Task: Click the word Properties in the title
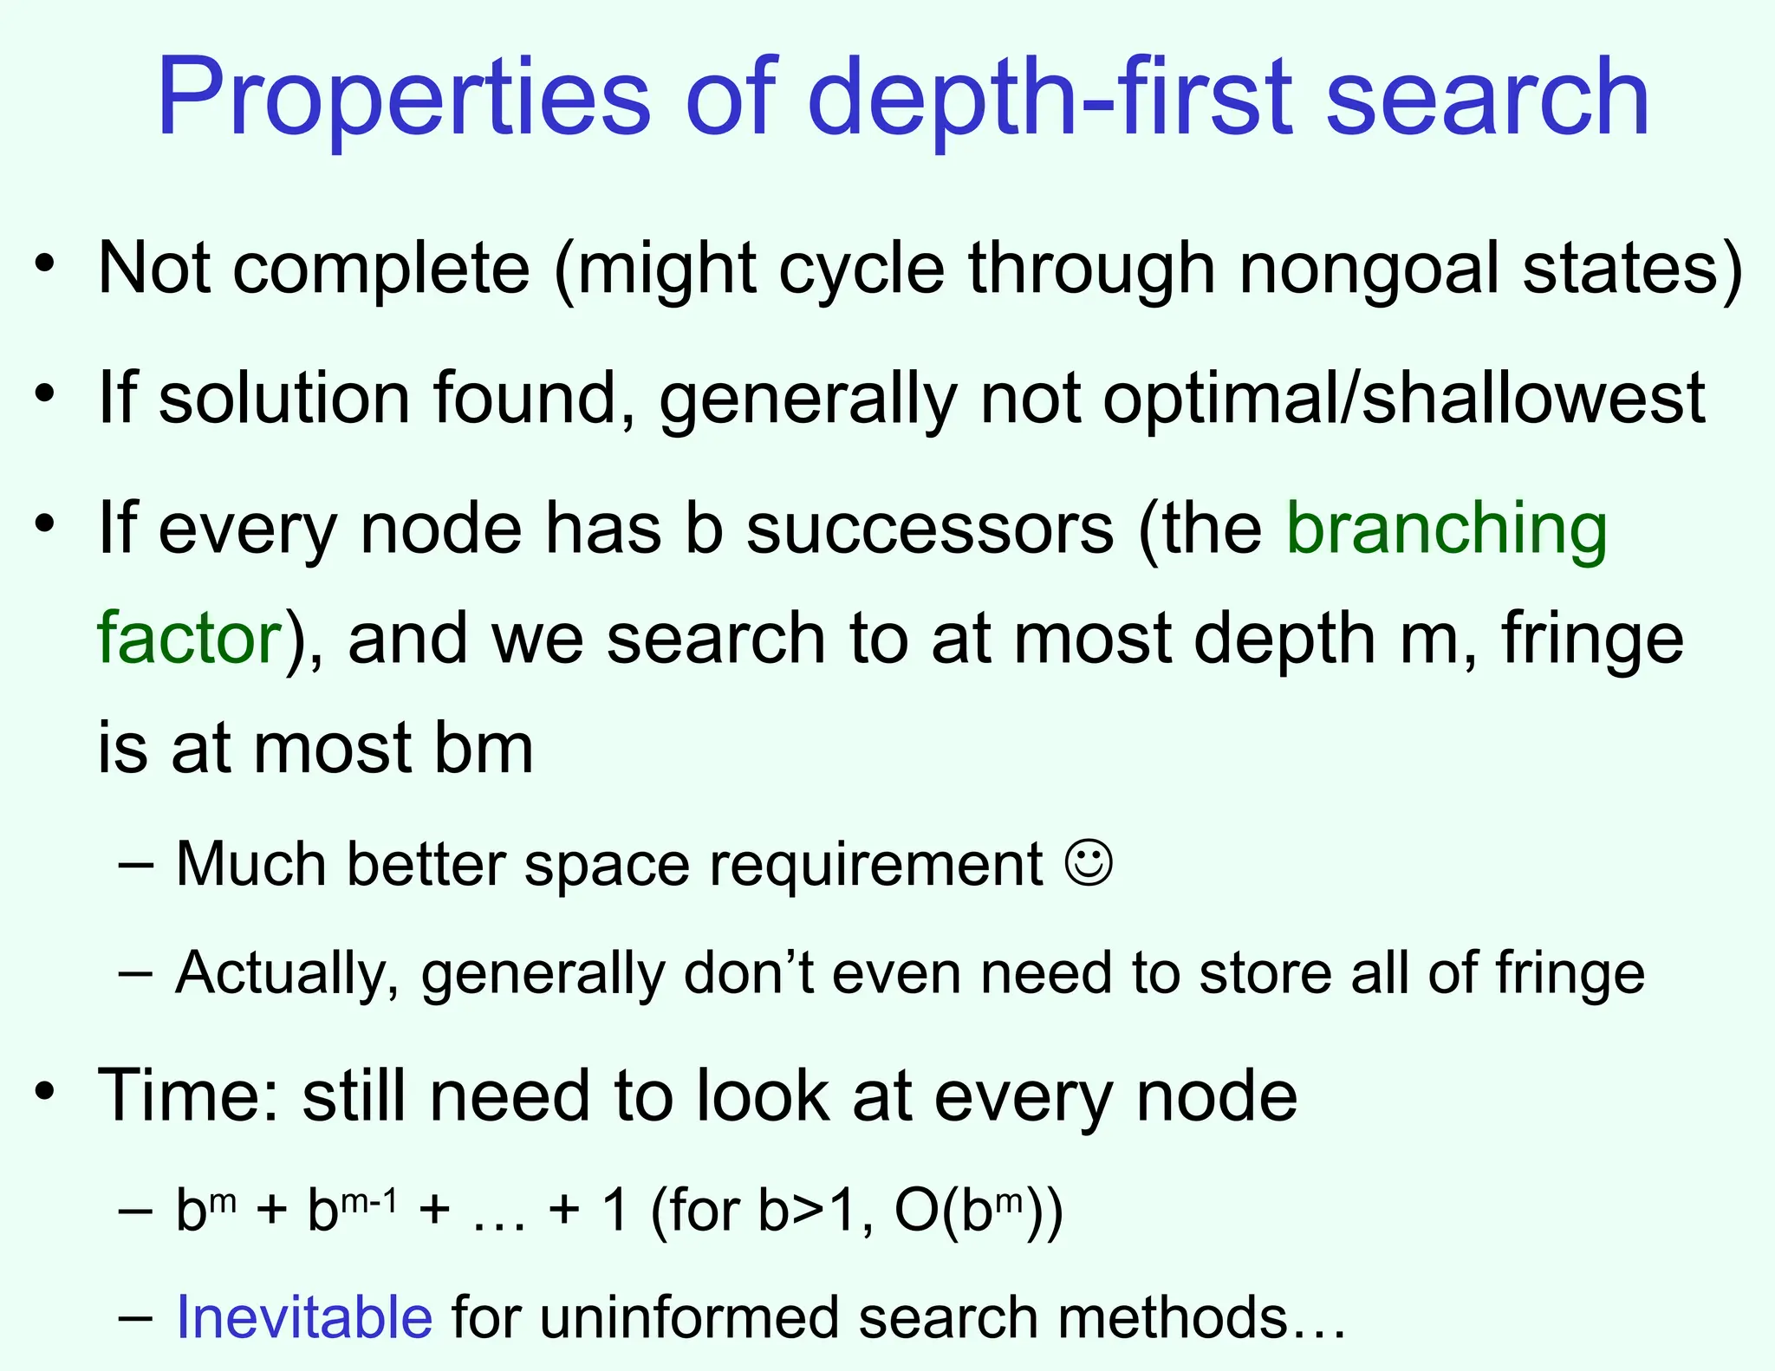click(x=403, y=97)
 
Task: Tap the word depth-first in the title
click(x=1049, y=97)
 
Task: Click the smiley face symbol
click(x=1088, y=863)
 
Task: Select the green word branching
click(x=1446, y=529)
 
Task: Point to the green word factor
click(x=189, y=638)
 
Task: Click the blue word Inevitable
click(x=304, y=1317)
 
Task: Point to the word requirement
click(x=875, y=865)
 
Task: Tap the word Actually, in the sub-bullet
click(x=287, y=973)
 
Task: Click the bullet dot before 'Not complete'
click(x=45, y=262)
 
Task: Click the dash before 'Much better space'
click(x=136, y=864)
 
